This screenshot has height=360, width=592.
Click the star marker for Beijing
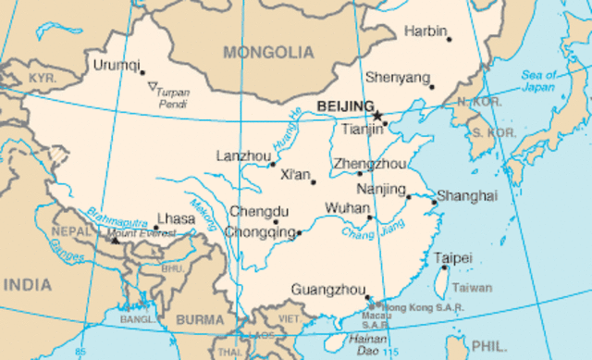tap(378, 114)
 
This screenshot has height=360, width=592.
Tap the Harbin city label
tap(425, 31)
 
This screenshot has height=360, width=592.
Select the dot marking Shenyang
tap(431, 87)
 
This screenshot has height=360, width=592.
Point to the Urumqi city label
tap(117, 66)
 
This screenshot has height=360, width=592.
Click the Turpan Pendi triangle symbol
tap(152, 87)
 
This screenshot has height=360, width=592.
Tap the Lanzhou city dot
tap(272, 165)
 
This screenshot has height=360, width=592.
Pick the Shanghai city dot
tap(434, 202)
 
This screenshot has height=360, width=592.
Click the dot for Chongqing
tap(299, 232)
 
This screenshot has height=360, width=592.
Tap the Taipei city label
tap(453, 257)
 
